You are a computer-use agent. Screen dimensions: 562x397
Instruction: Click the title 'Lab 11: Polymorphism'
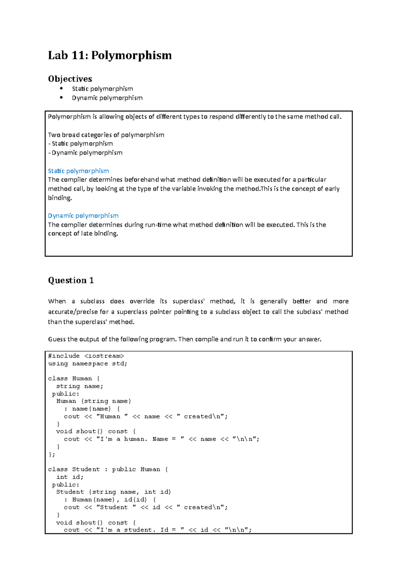[110, 55]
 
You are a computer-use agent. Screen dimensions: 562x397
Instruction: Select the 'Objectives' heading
[70, 79]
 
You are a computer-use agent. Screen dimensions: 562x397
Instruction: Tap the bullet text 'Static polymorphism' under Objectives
[102, 89]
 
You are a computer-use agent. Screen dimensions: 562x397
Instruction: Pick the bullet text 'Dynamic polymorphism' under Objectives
[107, 98]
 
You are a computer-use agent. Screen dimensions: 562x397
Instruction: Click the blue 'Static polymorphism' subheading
[78, 171]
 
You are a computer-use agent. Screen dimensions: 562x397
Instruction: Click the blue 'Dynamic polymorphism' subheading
[83, 215]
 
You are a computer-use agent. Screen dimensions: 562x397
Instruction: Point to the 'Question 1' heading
[71, 280]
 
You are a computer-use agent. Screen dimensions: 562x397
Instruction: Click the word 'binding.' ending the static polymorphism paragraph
[60, 198]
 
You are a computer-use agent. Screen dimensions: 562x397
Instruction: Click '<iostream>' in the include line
[104, 356]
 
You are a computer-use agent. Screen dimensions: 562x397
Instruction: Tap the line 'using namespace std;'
[88, 363]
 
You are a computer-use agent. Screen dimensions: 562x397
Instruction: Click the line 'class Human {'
[74, 378]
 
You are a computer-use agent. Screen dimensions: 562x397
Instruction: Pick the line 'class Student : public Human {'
[108, 469]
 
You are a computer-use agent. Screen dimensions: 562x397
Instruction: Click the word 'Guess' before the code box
[57, 339]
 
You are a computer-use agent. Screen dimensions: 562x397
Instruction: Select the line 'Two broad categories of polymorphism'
[106, 135]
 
